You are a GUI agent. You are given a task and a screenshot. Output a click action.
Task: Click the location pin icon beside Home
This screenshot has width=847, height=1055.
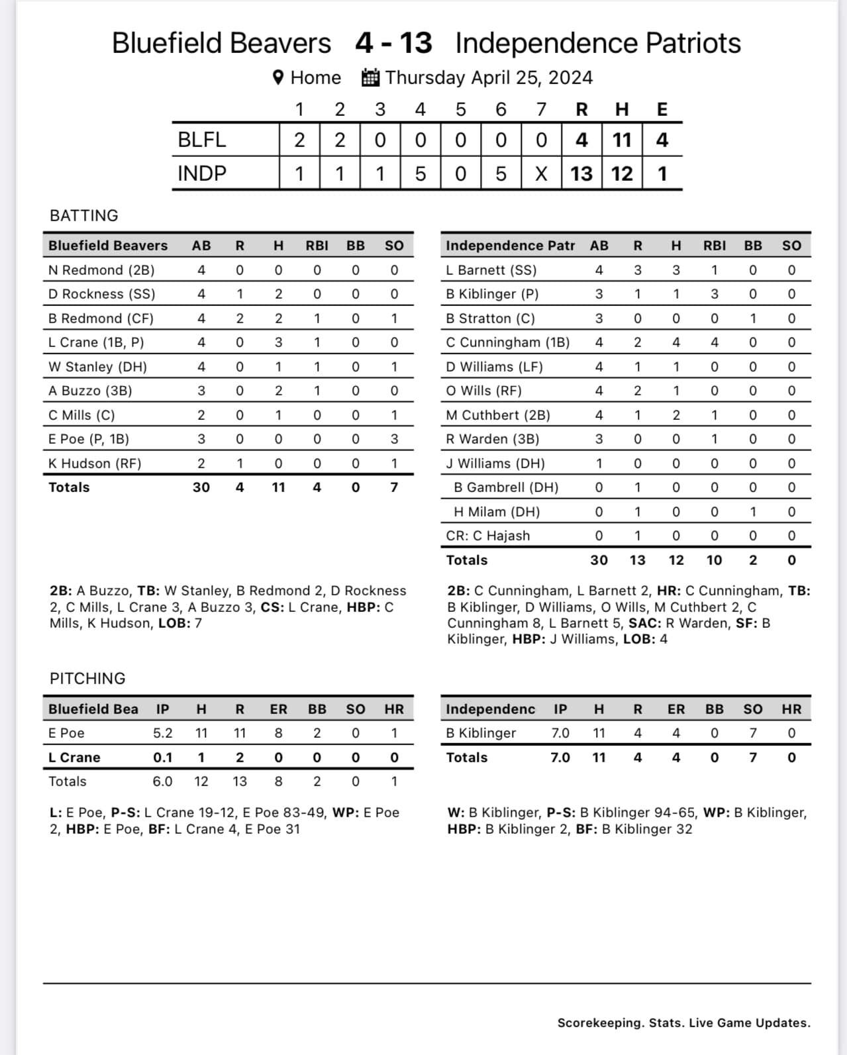coord(279,77)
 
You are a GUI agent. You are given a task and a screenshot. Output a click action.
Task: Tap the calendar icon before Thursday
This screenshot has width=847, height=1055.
coord(370,77)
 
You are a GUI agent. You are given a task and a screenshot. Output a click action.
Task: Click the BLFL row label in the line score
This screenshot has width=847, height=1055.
coord(202,140)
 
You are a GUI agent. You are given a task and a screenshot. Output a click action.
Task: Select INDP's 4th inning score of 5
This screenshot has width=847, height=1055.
coord(420,174)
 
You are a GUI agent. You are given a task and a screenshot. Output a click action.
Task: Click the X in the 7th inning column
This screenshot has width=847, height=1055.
coord(541,174)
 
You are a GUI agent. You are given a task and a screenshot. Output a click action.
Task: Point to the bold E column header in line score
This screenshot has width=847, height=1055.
coord(662,109)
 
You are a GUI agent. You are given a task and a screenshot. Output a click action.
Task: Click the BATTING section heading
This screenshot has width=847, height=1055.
coord(84,215)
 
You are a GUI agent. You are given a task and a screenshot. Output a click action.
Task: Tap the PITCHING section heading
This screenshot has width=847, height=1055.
coord(87,678)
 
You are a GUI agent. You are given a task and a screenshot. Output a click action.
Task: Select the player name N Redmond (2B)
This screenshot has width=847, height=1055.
coord(101,270)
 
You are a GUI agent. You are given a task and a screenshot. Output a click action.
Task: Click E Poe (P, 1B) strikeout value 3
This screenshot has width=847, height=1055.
coord(394,439)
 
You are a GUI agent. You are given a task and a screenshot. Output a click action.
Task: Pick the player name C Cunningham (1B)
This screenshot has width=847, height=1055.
coord(508,342)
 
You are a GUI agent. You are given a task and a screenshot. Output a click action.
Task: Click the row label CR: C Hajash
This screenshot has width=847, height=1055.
coord(488,536)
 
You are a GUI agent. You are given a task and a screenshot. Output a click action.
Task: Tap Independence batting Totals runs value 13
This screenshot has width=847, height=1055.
coord(637,560)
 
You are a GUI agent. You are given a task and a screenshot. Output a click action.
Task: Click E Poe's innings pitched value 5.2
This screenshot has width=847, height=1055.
coord(162,733)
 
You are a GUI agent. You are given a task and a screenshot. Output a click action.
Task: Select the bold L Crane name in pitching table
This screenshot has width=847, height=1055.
coord(74,758)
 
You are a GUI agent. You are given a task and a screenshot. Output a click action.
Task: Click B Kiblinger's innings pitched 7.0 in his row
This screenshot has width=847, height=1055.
coord(560,733)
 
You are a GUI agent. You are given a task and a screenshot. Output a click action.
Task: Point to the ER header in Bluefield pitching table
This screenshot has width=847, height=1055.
coord(278,709)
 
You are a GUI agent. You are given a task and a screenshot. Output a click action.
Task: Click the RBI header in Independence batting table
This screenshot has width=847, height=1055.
coord(714,246)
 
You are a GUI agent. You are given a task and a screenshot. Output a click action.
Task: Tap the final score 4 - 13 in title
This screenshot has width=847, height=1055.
coord(393,43)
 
